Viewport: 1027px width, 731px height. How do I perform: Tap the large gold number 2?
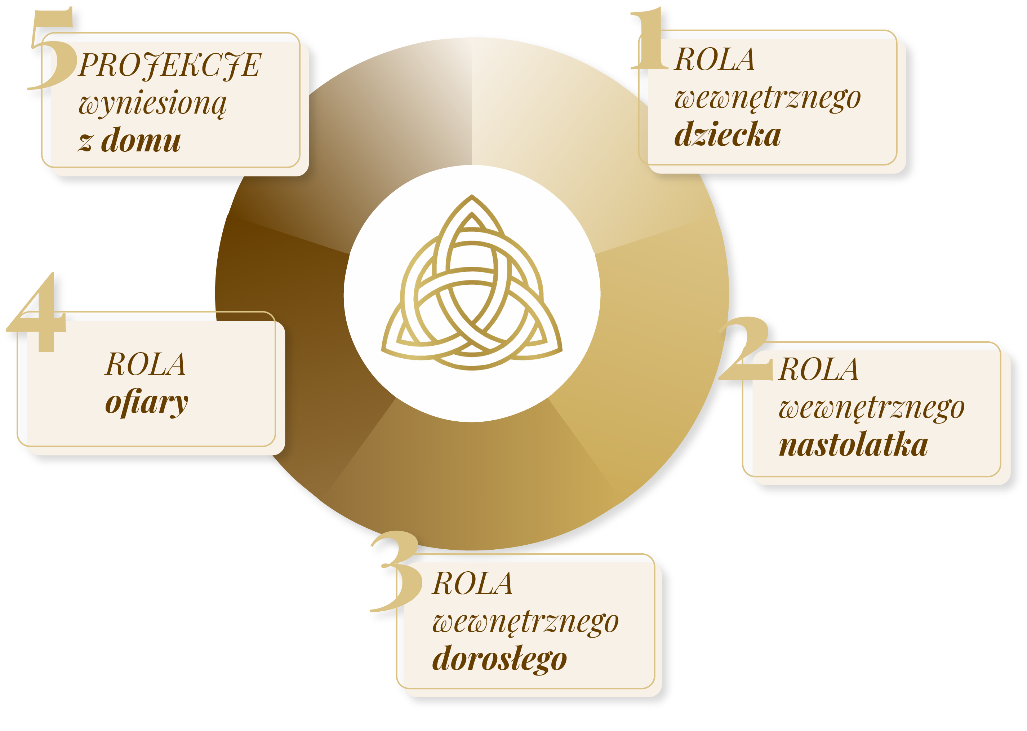pos(747,349)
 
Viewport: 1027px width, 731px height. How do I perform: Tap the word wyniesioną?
pos(153,103)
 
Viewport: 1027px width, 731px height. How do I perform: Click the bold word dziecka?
pos(727,134)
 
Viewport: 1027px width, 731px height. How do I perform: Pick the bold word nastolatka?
pos(853,445)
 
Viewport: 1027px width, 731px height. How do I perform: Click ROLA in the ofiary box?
pos(145,365)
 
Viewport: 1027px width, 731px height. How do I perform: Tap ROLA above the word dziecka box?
pos(714,60)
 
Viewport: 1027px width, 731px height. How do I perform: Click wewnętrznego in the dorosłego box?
pos(525,623)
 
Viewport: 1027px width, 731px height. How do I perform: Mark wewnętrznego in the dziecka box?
pos(767,98)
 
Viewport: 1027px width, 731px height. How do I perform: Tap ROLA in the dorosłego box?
pos(472,584)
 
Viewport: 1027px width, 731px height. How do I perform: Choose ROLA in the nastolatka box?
pos(818,370)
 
